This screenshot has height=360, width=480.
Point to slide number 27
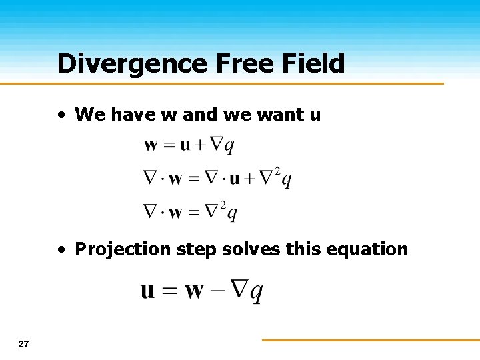pyautogui.click(x=24, y=344)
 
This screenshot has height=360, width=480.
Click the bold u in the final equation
pyautogui.click(x=148, y=291)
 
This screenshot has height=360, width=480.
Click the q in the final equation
pyautogui.click(x=257, y=293)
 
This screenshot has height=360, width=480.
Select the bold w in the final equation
pyautogui.click(x=193, y=291)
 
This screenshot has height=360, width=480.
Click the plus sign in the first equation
pyautogui.click(x=200, y=145)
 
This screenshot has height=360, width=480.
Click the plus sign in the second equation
pyautogui.click(x=249, y=179)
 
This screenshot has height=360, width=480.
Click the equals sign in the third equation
pyautogui.click(x=194, y=213)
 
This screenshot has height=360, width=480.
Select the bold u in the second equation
pyautogui.click(x=235, y=179)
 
